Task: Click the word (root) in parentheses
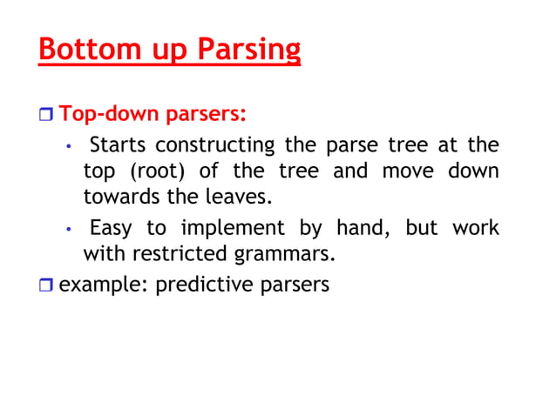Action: pyautogui.click(x=153, y=171)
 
